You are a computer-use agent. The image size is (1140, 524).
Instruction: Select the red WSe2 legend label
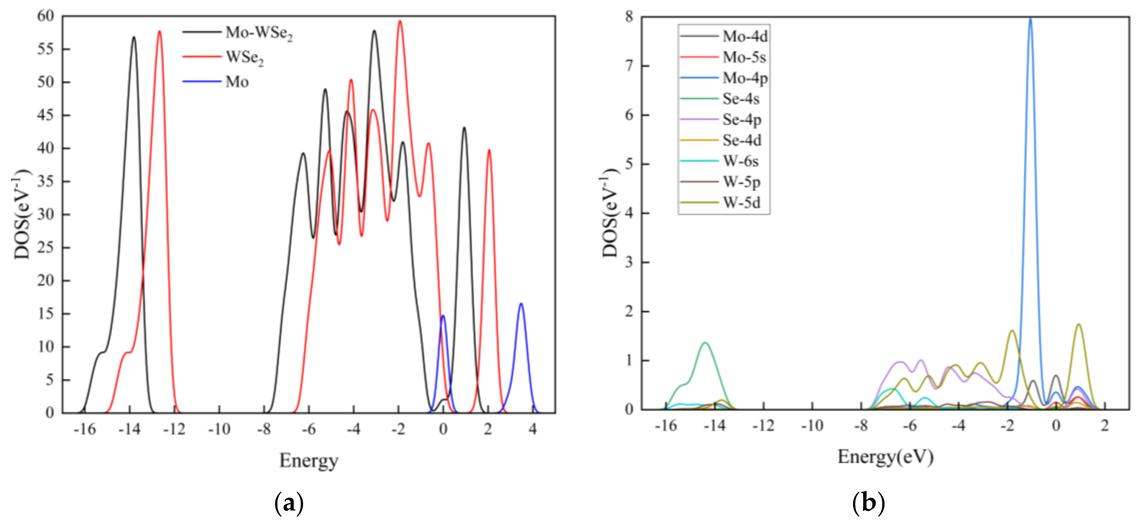[x=244, y=57]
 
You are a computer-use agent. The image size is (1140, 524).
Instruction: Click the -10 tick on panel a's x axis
[x=219, y=429]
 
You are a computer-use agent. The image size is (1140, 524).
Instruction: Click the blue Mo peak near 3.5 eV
[x=521, y=304]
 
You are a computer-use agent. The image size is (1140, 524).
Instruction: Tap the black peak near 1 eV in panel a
[x=464, y=128]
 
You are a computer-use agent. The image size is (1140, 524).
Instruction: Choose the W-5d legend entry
[x=741, y=202]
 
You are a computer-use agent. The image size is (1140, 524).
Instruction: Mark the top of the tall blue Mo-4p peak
[x=1030, y=19]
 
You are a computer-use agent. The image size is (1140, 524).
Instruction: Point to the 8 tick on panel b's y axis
[x=629, y=17]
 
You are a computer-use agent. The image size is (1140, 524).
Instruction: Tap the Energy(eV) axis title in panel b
[x=885, y=456]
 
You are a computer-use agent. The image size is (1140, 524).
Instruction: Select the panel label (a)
[x=289, y=503]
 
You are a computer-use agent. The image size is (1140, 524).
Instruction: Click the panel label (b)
[x=868, y=503]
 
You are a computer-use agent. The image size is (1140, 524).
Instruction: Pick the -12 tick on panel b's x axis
[x=763, y=425]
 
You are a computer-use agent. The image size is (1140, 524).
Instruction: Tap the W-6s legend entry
[x=740, y=161]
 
